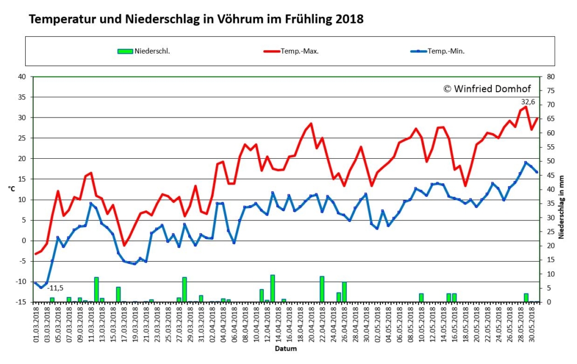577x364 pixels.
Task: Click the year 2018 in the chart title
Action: pyautogui.click(x=349, y=19)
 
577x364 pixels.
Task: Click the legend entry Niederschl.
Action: pyautogui.click(x=144, y=51)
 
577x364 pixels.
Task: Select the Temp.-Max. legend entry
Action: pyautogui.click(x=291, y=51)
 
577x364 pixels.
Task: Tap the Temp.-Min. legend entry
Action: pyautogui.click(x=438, y=51)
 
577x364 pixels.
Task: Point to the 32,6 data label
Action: pyautogui.click(x=528, y=102)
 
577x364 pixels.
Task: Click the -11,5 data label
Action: pyautogui.click(x=55, y=288)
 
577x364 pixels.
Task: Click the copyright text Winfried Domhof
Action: pyautogui.click(x=487, y=89)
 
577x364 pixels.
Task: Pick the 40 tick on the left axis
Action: pyautogui.click(x=22, y=77)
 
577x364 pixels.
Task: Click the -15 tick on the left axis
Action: pyautogui.click(x=21, y=302)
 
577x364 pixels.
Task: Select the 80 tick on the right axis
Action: pyautogui.click(x=551, y=77)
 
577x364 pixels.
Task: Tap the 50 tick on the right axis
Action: pyautogui.click(x=551, y=161)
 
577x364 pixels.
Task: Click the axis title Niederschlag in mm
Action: pyautogui.click(x=561, y=207)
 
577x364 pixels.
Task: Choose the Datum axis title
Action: pyautogui.click(x=286, y=348)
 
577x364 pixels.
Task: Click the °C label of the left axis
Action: pyautogui.click(x=11, y=189)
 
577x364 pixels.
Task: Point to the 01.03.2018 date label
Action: pyautogui.click(x=36, y=323)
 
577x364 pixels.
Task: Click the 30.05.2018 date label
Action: pyautogui.click(x=531, y=323)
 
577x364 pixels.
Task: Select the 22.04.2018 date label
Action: pyautogui.click(x=322, y=323)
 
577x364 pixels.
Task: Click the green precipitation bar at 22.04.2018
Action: pyautogui.click(x=322, y=289)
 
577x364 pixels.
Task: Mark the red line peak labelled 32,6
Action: pyautogui.click(x=526, y=107)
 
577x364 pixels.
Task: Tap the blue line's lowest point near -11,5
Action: pyautogui.click(x=41, y=287)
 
